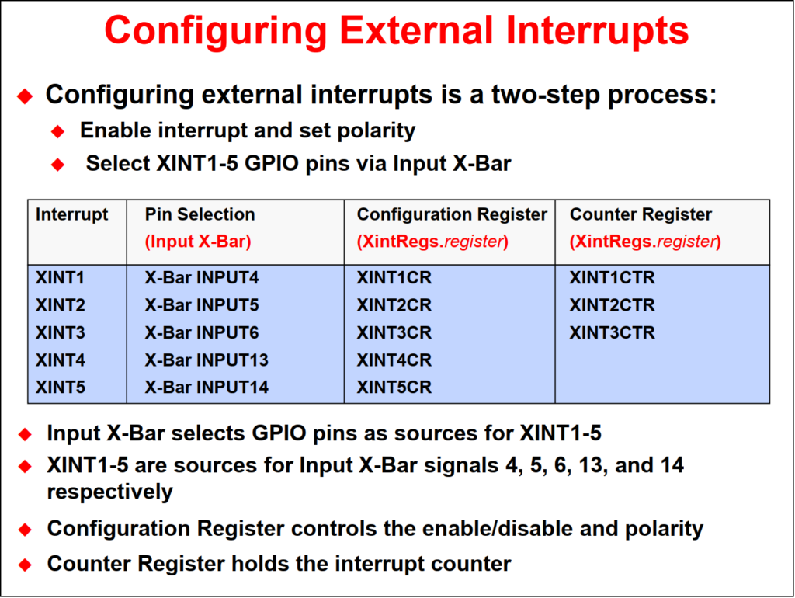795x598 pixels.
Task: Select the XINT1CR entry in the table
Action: (394, 278)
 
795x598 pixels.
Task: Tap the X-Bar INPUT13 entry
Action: (207, 360)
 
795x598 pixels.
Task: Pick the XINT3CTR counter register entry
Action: (612, 332)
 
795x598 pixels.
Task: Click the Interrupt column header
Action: (72, 214)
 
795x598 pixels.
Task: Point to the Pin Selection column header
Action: (200, 214)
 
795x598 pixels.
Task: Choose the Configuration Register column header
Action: (452, 214)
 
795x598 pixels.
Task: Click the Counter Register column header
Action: (641, 214)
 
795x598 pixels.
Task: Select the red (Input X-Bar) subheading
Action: (198, 242)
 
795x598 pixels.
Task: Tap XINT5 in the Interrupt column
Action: (61, 388)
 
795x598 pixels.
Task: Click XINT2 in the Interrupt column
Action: (61, 305)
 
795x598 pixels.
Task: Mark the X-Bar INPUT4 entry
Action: (202, 278)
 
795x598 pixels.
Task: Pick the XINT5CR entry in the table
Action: (394, 388)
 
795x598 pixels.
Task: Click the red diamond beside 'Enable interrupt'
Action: (57, 132)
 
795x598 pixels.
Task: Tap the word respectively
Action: (110, 492)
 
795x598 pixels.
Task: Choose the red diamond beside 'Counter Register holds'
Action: (25, 565)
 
